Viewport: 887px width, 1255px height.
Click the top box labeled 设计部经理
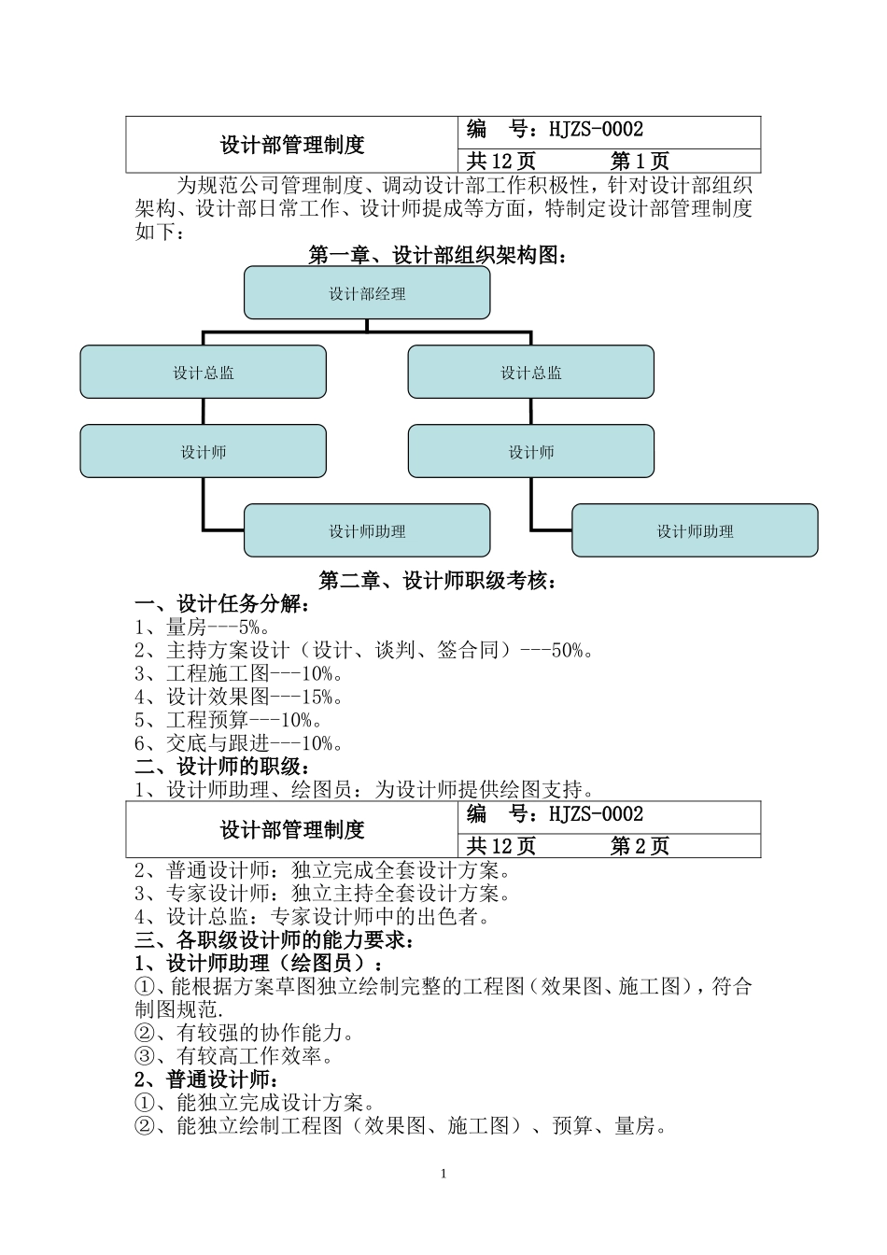[x=367, y=293]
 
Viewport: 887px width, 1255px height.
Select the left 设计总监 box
[x=203, y=373]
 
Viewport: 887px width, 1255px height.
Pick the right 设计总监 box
[x=530, y=373]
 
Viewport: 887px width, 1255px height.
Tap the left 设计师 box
[x=203, y=452]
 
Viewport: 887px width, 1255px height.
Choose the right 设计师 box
[x=530, y=452]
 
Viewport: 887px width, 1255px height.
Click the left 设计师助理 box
[x=367, y=531]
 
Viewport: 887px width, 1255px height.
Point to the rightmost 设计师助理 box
[x=695, y=531]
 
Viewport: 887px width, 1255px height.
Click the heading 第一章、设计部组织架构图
[x=437, y=255]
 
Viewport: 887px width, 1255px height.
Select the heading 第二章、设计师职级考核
[x=437, y=581]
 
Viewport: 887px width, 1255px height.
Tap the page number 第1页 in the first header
[x=640, y=162]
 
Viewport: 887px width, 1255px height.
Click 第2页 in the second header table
[x=640, y=846]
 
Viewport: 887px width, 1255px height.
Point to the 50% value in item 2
[x=567, y=651]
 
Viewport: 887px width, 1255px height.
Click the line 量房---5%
[x=203, y=627]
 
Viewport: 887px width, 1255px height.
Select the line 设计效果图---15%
[x=239, y=698]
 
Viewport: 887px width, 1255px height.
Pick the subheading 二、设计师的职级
[x=223, y=767]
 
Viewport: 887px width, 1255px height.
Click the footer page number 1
[x=443, y=1174]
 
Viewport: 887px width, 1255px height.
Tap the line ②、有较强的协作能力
[x=245, y=1034]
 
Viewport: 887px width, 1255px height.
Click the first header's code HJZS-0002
[x=596, y=131]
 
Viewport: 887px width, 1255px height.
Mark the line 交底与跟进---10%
[x=239, y=744]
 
